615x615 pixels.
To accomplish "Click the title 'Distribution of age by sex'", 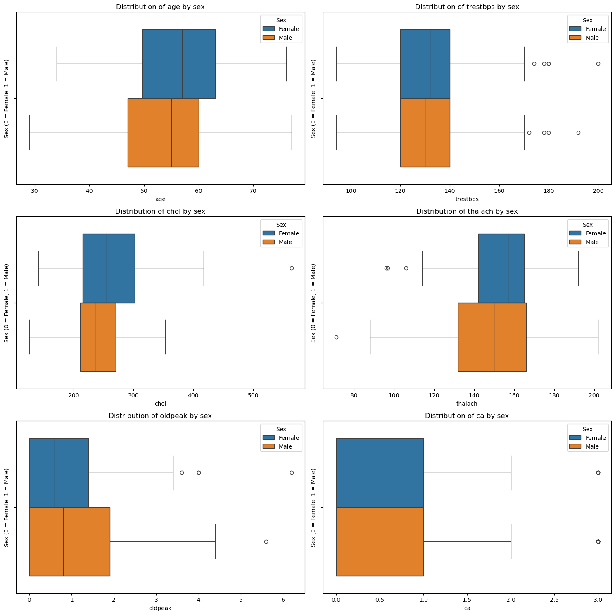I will click(x=160, y=7).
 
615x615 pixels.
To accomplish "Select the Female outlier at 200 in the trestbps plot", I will click(x=598, y=64).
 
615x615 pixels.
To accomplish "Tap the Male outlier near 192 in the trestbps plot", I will click(x=578, y=133).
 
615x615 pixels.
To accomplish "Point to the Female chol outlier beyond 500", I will click(x=292, y=268).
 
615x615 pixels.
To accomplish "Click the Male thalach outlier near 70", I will click(x=336, y=337).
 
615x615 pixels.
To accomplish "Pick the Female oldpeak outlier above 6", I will click(x=292, y=473).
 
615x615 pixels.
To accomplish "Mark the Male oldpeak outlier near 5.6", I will click(x=266, y=541).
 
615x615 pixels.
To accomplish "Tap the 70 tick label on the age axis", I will click(x=253, y=191).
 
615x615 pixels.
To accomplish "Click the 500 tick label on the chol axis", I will click(x=253, y=395).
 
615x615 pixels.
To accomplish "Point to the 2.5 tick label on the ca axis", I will click(x=554, y=600).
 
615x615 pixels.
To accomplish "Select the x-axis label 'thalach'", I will click(x=467, y=404).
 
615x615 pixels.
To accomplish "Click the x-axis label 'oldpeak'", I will click(x=160, y=608).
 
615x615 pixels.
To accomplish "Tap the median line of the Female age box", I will click(x=182, y=64).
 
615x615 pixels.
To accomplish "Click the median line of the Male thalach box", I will click(x=494, y=337).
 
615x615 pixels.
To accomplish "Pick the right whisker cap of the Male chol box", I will click(x=165, y=337).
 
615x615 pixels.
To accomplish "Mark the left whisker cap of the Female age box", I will click(x=57, y=64).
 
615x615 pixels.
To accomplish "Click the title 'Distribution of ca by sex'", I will click(x=467, y=416).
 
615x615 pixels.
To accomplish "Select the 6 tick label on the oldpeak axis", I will click(x=283, y=600).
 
